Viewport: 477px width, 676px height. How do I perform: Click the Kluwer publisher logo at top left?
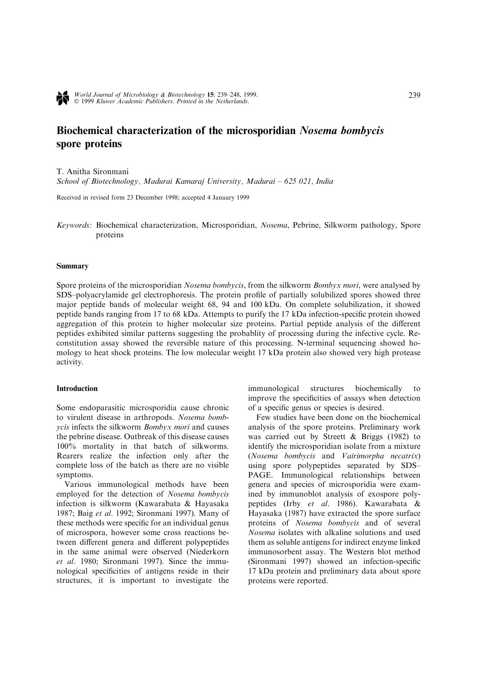[62, 98]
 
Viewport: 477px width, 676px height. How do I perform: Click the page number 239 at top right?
[414, 96]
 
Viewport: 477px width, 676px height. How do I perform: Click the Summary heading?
[72, 266]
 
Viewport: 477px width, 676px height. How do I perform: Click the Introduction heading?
[77, 389]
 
